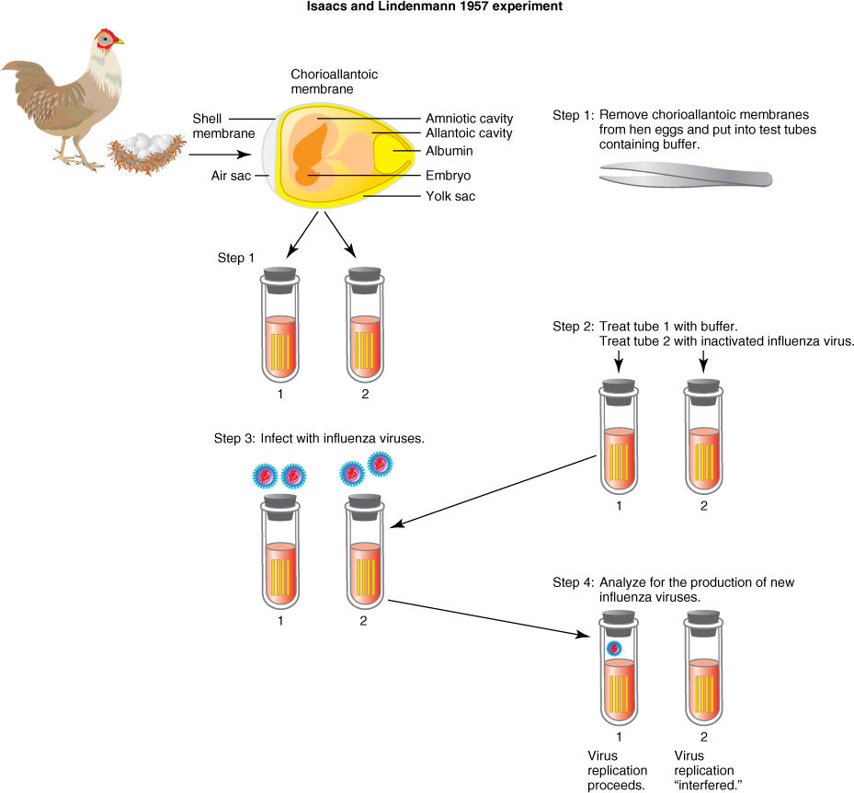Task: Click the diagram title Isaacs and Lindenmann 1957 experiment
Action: click(426, 7)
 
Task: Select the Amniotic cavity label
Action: click(469, 119)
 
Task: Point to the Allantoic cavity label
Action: click(469, 134)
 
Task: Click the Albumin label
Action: click(450, 150)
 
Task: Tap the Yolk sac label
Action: click(450, 196)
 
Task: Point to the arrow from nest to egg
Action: click(221, 155)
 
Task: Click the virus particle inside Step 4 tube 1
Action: click(614, 649)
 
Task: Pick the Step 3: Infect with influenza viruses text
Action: click(319, 438)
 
